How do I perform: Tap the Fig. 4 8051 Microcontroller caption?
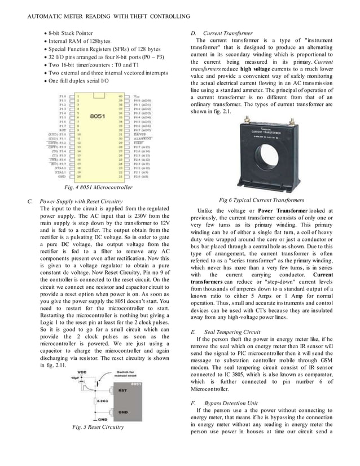coord(98,187)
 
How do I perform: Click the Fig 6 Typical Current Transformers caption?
coord(261,200)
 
